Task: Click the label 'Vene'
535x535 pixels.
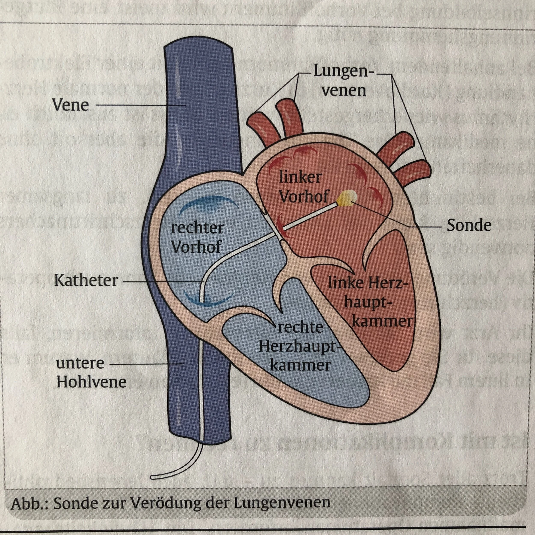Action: pyautogui.click(x=70, y=105)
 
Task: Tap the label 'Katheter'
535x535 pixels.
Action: pyautogui.click(x=86, y=281)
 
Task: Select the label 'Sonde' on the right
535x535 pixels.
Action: pyautogui.click(x=469, y=226)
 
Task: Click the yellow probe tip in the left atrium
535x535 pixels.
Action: pyautogui.click(x=347, y=199)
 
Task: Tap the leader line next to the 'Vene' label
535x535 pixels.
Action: pyautogui.click(x=140, y=105)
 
